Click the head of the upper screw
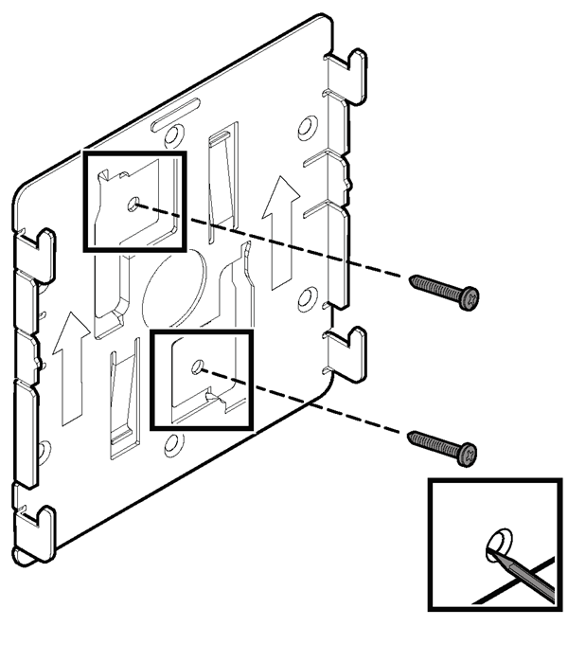pyautogui.click(x=469, y=299)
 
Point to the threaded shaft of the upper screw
pyautogui.click(x=436, y=287)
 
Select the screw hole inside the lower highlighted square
pyautogui.click(x=198, y=366)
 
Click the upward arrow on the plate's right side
pyautogui.click(x=281, y=233)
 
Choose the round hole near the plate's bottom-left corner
pyautogui.click(x=44, y=449)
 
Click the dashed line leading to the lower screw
pyautogui.click(x=312, y=404)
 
